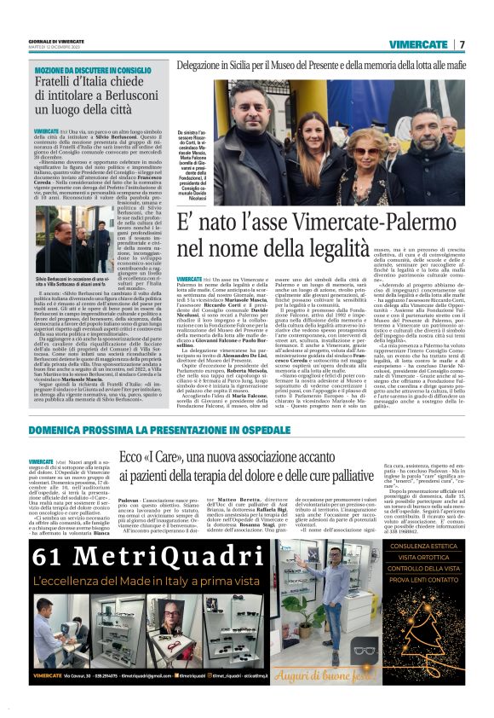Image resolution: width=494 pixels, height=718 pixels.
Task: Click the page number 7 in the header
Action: click(462, 44)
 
